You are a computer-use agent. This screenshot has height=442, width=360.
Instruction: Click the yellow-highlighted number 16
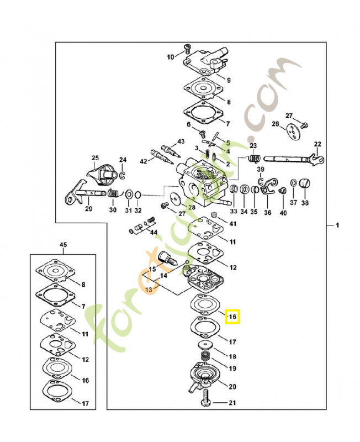coord(232,317)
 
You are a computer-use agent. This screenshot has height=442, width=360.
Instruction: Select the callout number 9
coord(229,80)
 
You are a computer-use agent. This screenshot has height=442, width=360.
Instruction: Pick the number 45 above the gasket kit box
coord(63,244)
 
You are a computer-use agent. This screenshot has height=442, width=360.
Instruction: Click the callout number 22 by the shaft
coord(317,145)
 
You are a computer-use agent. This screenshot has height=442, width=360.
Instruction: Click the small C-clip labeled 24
coord(123,176)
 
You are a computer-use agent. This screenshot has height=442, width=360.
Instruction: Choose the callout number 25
coord(94,157)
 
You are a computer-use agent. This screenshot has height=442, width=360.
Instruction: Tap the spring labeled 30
coord(112,194)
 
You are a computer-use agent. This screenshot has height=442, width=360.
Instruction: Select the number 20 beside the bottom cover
coord(232,386)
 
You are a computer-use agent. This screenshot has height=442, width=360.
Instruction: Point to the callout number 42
coord(143,161)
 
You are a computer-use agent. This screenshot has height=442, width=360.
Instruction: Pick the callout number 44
coord(153,232)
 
